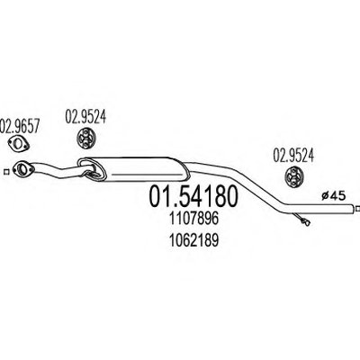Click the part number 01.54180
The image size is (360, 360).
[193, 196]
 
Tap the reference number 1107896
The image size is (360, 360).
[193, 219]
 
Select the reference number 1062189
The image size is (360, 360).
[193, 240]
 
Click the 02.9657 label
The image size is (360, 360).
[20, 126]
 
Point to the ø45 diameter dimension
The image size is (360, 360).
[333, 196]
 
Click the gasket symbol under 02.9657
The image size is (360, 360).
[18, 143]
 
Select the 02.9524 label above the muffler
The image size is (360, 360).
[85, 116]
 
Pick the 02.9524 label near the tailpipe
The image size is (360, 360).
[293, 156]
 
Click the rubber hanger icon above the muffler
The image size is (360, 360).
[86, 139]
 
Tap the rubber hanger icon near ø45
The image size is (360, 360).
[293, 177]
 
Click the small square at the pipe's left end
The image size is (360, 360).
[5, 172]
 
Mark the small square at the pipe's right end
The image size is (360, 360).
[357, 208]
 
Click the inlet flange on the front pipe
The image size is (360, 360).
[22, 169]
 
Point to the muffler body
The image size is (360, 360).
[133, 169]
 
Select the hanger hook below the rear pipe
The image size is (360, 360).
[302, 219]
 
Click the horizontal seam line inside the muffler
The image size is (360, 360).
[147, 174]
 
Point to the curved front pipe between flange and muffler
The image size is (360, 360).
[56, 170]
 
